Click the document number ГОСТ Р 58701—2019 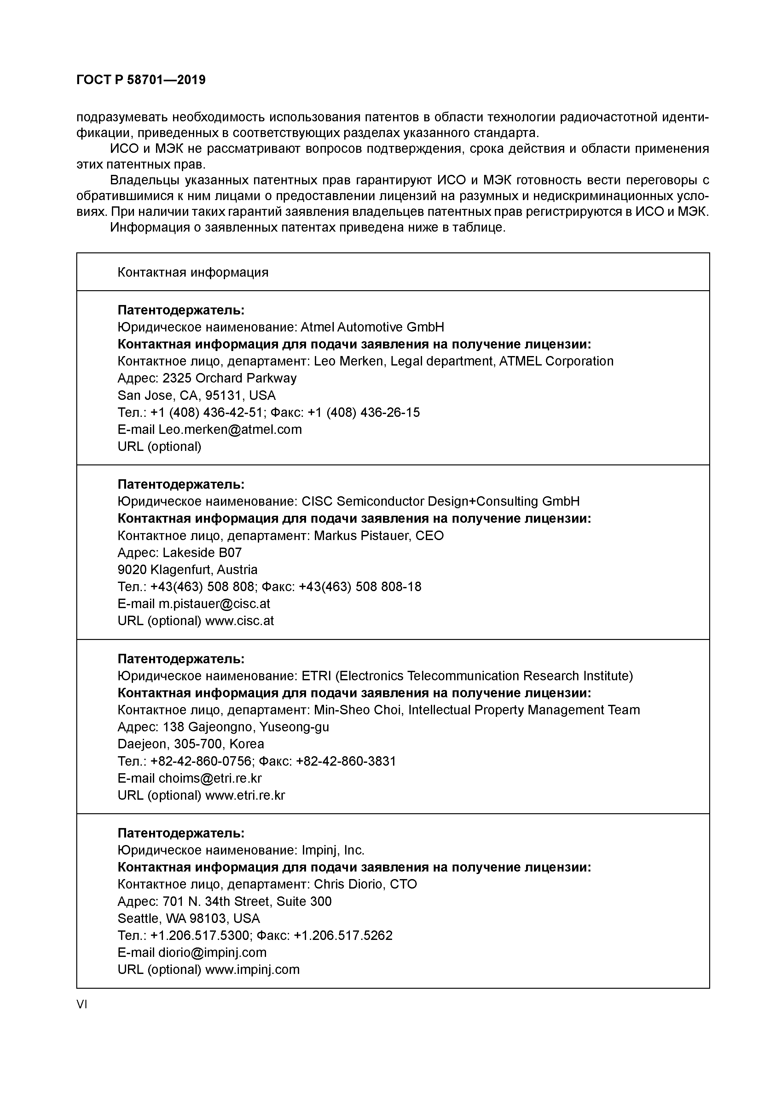[141, 80]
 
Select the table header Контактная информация [193, 273]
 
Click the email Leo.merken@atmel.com [230, 429]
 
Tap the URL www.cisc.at [239, 621]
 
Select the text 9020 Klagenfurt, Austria [187, 570]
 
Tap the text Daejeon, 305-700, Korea [191, 744]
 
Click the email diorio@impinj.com [212, 952]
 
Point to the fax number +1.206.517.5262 [343, 935]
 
